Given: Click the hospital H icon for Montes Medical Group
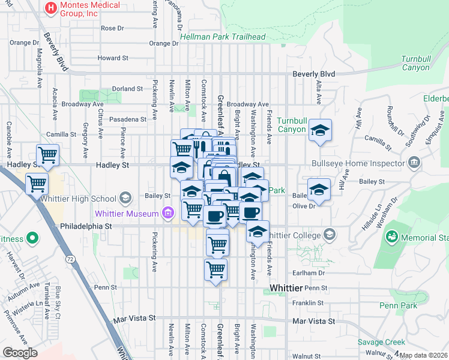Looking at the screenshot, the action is [51, 9].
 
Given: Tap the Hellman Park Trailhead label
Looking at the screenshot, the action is [223, 37].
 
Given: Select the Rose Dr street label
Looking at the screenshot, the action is [112, 28].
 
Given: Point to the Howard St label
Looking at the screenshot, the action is [113, 58].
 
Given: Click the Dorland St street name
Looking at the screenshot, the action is [128, 89].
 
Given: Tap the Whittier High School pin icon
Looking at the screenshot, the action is [125, 198].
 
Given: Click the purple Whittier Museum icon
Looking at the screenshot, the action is [167, 213].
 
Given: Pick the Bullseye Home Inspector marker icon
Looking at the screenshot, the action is [414, 163].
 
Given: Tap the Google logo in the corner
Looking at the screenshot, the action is [20, 353].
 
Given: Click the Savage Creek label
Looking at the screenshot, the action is [382, 342].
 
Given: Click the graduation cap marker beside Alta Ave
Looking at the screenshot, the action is [321, 131].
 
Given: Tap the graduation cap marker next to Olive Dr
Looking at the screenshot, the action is [319, 190].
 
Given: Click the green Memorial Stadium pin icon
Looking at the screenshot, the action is [391, 238].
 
